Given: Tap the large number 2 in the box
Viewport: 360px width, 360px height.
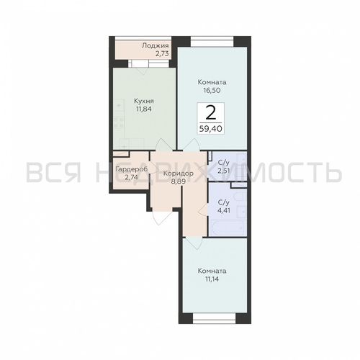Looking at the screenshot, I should pos(210,112).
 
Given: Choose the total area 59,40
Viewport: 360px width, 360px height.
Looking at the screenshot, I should pos(210,130).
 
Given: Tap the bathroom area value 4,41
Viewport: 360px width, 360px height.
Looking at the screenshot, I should pos(224,212).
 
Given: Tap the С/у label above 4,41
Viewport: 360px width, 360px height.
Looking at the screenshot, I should pos(224,202).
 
